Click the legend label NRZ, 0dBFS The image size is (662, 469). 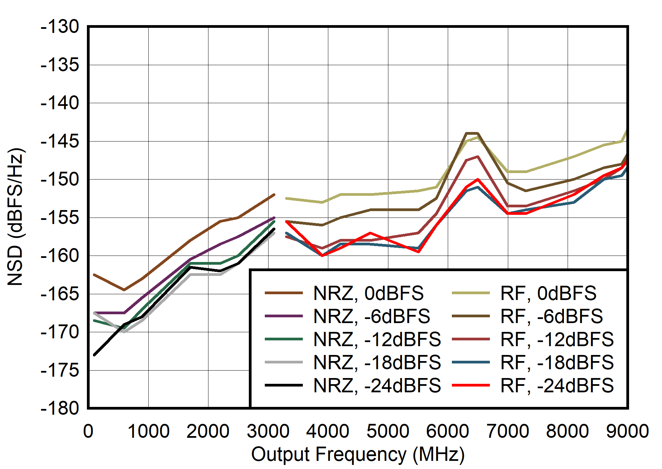tap(368, 293)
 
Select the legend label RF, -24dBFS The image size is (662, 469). tap(557, 386)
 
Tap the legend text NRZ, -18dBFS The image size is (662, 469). tap(377, 362)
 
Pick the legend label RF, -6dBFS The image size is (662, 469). tap(551, 316)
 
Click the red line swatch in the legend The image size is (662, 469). tap(471, 386)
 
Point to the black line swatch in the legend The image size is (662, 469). tap(284, 386)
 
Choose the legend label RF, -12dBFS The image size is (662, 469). tap(557, 339)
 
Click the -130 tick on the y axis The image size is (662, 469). tap(60, 27)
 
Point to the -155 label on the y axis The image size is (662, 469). tap(60, 218)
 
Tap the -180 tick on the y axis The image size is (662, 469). tap(60, 408)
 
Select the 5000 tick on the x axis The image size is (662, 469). tap(388, 431)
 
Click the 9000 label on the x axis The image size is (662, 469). tap(627, 431)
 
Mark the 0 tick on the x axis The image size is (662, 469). tap(88, 431)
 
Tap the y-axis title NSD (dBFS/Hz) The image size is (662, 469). tap(15, 217)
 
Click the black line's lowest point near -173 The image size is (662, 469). tap(94, 355)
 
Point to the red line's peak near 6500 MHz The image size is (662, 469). tap(478, 179)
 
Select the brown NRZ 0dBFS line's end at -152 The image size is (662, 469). tap(274, 195)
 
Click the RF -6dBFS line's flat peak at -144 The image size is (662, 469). tap(472, 133)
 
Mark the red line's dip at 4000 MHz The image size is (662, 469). tap(322, 256)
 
